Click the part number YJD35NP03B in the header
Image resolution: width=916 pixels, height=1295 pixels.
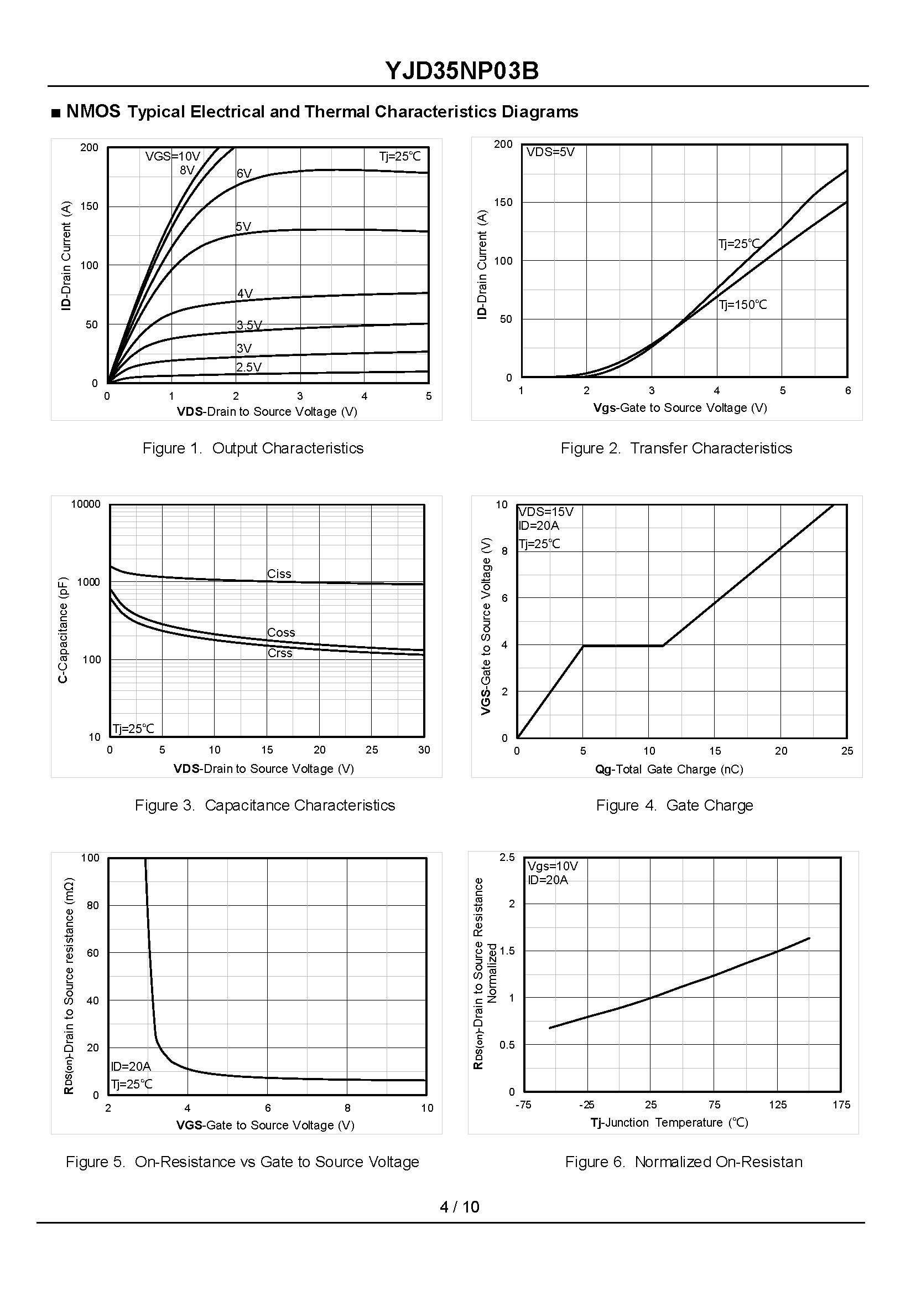tap(462, 71)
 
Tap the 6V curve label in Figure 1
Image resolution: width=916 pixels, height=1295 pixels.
tap(244, 173)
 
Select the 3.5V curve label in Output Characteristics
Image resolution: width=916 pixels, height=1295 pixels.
tap(249, 325)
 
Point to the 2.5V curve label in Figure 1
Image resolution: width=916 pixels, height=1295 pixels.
tap(249, 367)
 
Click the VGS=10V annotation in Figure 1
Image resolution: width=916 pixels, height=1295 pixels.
tap(173, 156)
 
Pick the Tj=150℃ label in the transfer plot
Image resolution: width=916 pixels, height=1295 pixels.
tap(743, 305)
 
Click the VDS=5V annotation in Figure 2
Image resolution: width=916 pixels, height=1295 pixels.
tap(550, 152)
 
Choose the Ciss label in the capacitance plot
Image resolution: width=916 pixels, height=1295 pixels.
tap(279, 574)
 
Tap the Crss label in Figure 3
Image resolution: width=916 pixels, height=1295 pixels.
tap(280, 653)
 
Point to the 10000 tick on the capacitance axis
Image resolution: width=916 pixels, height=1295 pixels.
tap(86, 504)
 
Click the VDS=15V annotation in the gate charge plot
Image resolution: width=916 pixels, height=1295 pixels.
tap(546, 512)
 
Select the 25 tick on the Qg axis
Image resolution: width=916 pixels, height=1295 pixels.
tap(847, 751)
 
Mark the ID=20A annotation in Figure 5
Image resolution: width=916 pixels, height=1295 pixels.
tap(131, 1066)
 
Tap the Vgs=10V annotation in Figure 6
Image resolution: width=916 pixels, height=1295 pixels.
tap(553, 866)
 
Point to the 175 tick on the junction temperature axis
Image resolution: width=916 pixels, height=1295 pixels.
tap(841, 1105)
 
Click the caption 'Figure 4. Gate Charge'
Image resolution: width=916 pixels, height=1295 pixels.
tap(675, 805)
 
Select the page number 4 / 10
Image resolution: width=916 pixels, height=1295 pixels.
tap(459, 1206)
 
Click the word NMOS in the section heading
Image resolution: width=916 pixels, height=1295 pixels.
tap(93, 112)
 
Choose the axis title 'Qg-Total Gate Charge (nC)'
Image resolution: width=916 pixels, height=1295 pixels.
tap(669, 769)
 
